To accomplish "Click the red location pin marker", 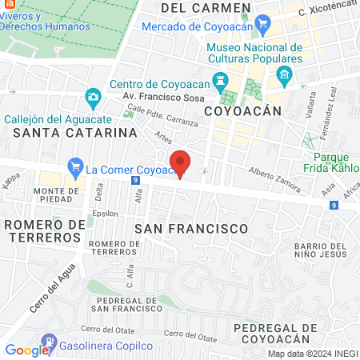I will click(x=181, y=162).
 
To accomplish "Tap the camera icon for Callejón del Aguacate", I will click(x=94, y=98).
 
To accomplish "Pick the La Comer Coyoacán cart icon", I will click(x=76, y=169).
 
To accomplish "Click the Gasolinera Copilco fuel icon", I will click(x=50, y=342).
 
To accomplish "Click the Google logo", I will click(x=28, y=350).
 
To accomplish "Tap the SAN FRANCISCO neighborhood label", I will click(x=191, y=229).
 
